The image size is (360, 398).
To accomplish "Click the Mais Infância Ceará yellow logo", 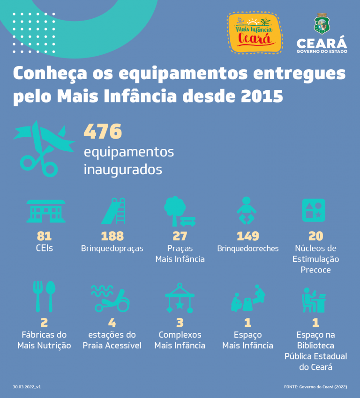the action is (x=255, y=33).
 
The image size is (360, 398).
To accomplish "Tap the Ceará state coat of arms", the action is (x=322, y=23).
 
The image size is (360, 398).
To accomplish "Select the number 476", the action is (x=103, y=132).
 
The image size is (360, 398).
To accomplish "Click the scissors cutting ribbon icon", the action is (x=44, y=148).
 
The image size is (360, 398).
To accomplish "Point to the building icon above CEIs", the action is (x=46, y=211).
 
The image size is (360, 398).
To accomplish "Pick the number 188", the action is (x=112, y=236).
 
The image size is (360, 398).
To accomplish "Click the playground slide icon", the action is (x=113, y=211).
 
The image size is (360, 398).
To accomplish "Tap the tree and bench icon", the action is (x=180, y=211).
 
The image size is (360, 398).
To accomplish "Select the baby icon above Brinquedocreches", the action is (x=247, y=210).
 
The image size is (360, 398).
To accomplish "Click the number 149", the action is (x=248, y=236).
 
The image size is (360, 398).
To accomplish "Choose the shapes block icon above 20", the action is (x=314, y=210).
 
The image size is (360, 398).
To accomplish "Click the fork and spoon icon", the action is (x=44, y=296).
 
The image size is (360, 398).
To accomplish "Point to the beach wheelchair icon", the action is (x=111, y=299).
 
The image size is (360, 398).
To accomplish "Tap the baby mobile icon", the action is (x=180, y=298).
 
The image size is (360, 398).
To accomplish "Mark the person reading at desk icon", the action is (x=314, y=300).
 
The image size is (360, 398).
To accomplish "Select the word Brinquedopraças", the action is (x=112, y=248).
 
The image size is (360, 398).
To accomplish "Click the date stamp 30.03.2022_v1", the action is (x=27, y=387).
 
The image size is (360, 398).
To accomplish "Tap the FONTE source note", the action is (x=315, y=387).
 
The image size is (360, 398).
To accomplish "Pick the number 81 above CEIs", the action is (x=44, y=236).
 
